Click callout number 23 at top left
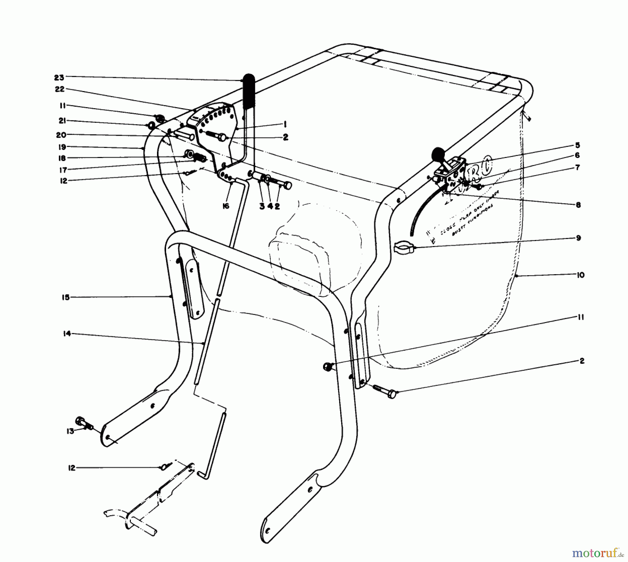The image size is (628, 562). tap(60, 77)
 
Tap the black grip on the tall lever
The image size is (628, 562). tap(249, 92)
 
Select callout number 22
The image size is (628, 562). tap(60, 89)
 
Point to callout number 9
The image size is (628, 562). tap(578, 238)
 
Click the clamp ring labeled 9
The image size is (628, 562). tap(403, 248)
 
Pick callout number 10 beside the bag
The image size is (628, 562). tap(580, 275)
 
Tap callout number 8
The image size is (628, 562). tap(578, 205)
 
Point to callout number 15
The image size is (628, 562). tap(66, 297)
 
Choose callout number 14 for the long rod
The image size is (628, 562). tap(67, 334)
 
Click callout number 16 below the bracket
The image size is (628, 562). tap(226, 206)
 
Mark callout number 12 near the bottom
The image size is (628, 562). tap(72, 468)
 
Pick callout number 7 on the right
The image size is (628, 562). tap(577, 168)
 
